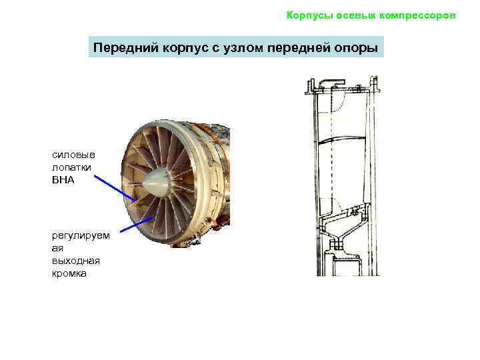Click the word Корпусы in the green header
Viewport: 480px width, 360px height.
(x=309, y=15)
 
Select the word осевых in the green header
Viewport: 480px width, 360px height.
(x=356, y=15)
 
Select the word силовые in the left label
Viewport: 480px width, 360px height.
(x=73, y=155)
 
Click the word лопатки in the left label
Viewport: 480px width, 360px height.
(x=71, y=167)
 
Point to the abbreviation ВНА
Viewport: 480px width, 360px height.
(x=63, y=180)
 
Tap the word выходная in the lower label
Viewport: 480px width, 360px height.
(x=76, y=261)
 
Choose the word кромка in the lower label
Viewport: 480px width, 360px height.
(x=69, y=274)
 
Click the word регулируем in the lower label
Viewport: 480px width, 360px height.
(x=81, y=236)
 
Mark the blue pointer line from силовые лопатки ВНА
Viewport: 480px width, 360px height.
(x=115, y=188)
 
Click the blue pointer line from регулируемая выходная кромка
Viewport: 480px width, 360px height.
(x=136, y=225)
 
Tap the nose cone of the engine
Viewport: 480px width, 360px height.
(x=156, y=183)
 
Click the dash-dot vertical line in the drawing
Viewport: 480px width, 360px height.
(x=331, y=144)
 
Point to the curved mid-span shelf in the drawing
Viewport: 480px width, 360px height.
(x=342, y=140)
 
